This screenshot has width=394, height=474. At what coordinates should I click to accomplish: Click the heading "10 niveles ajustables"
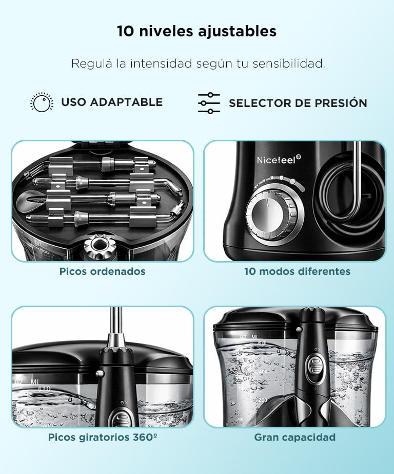pos(196,31)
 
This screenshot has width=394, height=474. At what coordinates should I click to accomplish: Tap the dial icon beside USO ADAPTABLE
pos(42,102)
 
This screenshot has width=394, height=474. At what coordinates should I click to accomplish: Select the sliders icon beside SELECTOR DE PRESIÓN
pos(209,103)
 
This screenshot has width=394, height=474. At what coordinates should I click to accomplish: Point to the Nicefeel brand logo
pos(279,159)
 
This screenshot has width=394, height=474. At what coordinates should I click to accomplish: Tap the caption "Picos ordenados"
pos(103,271)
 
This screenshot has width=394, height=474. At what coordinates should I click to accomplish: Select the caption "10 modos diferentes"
pos(298,271)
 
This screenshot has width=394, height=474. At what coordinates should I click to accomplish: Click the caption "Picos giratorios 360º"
pos(103,437)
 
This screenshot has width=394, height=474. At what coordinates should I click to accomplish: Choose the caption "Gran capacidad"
pos(295,437)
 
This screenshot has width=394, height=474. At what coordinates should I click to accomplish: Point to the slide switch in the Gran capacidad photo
pos(316,367)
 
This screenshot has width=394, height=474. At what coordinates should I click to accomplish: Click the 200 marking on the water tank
pos(263,400)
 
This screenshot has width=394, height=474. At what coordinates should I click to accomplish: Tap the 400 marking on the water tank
pos(263,371)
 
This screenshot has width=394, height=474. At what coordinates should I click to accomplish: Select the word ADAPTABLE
pos(126,102)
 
